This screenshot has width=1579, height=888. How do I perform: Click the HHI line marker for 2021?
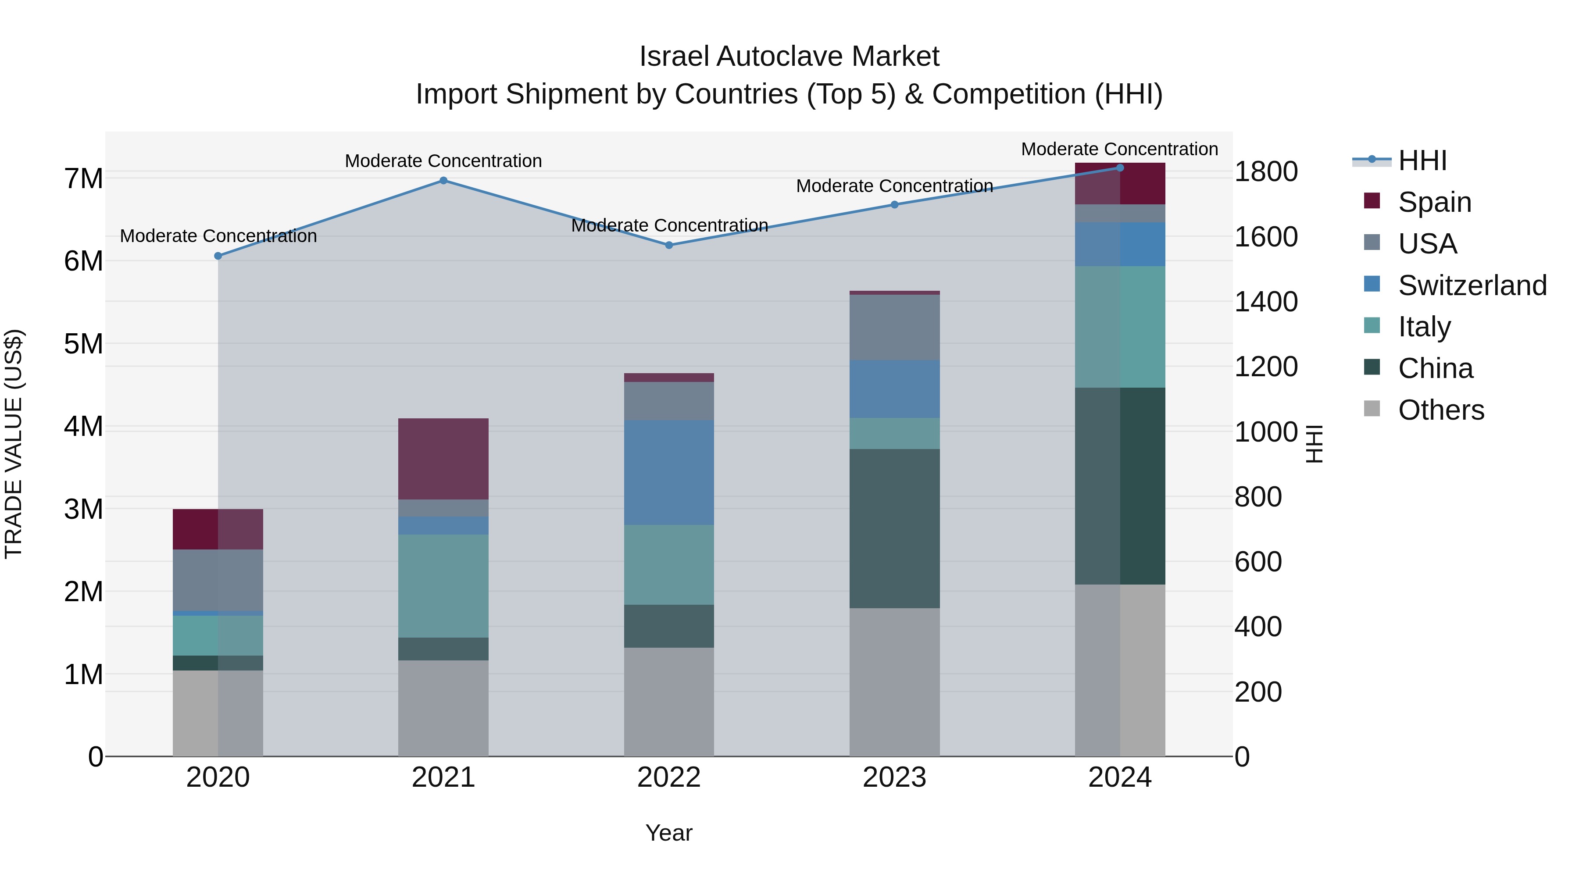tap(443, 181)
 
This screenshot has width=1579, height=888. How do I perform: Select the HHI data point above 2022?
tap(669, 245)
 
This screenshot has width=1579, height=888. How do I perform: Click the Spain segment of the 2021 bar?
tap(443, 459)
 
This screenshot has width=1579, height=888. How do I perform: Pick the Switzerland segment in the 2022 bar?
tap(669, 472)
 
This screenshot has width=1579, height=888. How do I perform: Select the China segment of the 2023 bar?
tap(894, 528)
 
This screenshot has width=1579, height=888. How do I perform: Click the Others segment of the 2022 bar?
tap(669, 702)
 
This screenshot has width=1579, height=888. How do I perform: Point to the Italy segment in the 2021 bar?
tap(443, 586)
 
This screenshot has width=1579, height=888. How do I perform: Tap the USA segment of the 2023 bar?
tap(894, 327)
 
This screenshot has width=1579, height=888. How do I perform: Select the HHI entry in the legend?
tap(1422, 160)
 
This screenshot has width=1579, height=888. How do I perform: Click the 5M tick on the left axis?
tap(83, 344)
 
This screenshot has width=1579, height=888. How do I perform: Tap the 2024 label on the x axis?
tap(1120, 777)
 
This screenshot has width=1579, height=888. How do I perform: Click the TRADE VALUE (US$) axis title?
tap(14, 444)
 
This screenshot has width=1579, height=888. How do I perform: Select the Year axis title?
tap(669, 833)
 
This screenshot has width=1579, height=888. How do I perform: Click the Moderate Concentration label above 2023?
tap(894, 185)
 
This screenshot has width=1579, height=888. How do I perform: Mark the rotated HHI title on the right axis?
tap(1314, 444)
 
